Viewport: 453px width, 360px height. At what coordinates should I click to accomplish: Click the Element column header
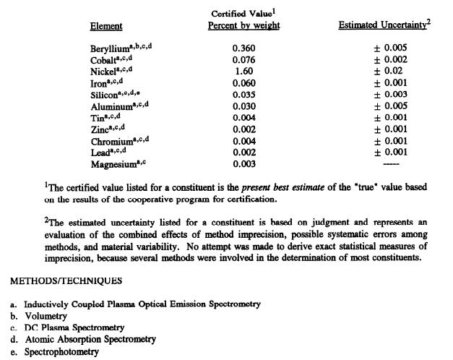point(105,26)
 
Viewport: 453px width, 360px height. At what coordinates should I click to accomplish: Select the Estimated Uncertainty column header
point(384,25)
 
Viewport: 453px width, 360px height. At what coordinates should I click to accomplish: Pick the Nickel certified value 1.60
point(242,72)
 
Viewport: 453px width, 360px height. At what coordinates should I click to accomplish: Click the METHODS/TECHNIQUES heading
point(56,280)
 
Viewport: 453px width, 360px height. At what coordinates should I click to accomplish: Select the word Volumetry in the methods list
point(46,316)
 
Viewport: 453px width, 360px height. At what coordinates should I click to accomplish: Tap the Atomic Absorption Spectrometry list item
point(90,339)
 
